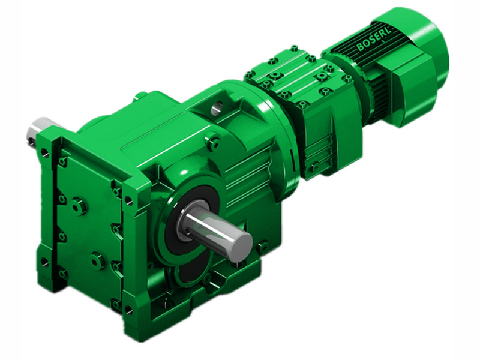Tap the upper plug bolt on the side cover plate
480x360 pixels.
(78, 206)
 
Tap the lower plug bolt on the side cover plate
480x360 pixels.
(97, 260)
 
